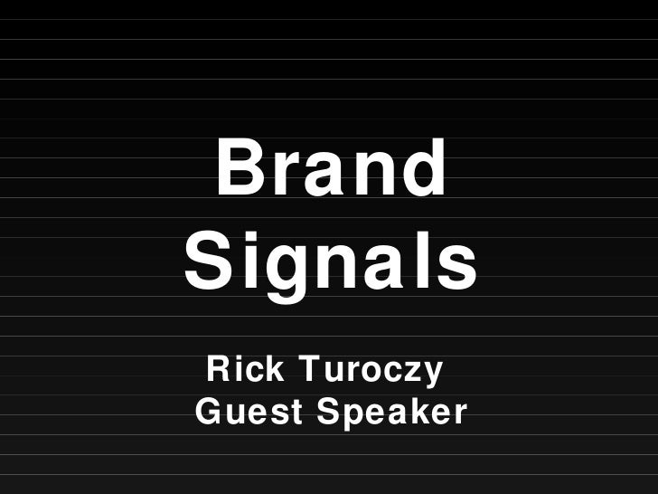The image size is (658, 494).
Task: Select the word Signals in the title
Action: (x=331, y=261)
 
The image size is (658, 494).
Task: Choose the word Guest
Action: (x=248, y=413)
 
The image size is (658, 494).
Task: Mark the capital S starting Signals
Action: (x=208, y=261)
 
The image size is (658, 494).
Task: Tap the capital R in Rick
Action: (x=217, y=369)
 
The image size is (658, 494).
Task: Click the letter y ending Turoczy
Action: (x=431, y=375)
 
